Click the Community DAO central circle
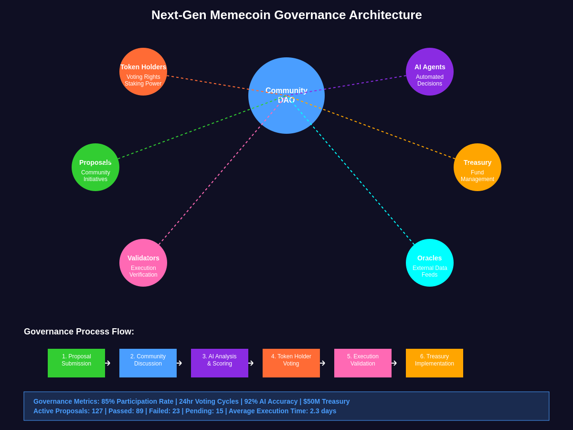click(286, 96)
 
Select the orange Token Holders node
click(143, 72)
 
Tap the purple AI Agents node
click(430, 72)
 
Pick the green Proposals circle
click(95, 167)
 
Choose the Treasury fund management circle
click(477, 167)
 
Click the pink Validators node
click(143, 263)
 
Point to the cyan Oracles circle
click(430, 263)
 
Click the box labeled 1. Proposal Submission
click(76, 363)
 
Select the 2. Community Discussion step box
click(148, 363)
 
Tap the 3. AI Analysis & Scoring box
click(220, 363)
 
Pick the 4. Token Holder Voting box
click(291, 363)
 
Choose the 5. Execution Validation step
click(363, 363)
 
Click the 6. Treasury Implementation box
click(435, 363)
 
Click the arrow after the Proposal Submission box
click(108, 363)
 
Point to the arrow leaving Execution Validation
click(394, 363)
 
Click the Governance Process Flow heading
click(79, 332)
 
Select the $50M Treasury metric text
click(327, 401)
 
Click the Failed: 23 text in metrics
click(164, 411)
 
